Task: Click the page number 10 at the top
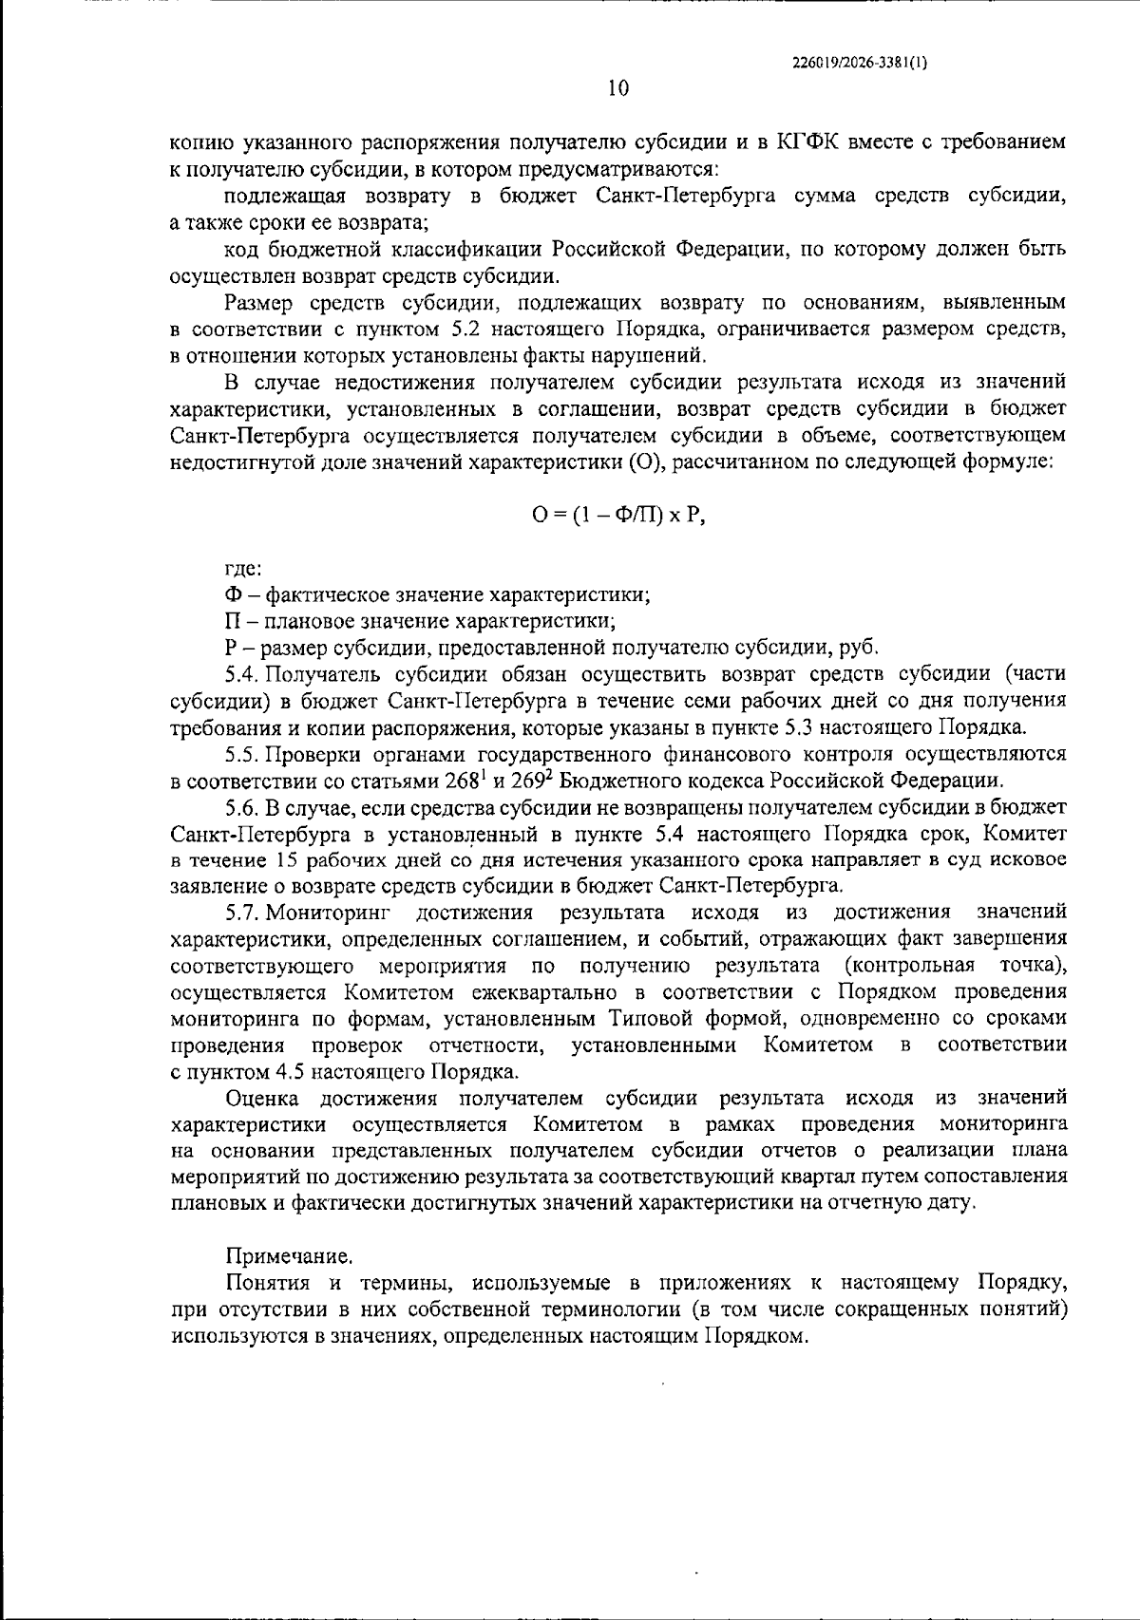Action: point(617,88)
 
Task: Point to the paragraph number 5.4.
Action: point(242,674)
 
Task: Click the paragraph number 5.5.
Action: point(242,754)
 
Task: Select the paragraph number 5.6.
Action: point(242,807)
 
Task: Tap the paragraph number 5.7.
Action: point(242,913)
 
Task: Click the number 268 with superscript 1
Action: point(465,781)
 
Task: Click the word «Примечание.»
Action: point(289,1256)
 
